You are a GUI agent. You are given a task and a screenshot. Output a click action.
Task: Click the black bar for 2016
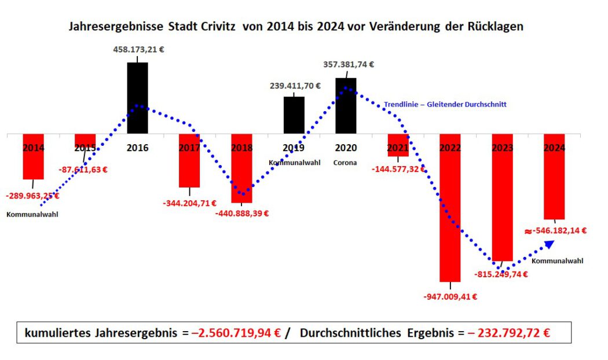[137, 98]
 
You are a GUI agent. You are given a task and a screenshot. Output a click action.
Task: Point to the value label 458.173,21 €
[138, 50]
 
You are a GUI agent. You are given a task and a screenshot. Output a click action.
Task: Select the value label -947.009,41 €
[450, 297]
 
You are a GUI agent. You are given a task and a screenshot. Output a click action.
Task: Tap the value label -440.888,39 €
[242, 213]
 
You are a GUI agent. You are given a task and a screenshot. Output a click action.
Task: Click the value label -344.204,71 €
[189, 203]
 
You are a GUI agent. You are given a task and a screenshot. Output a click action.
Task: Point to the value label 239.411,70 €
[295, 86]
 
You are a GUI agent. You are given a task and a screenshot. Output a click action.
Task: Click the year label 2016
[137, 148]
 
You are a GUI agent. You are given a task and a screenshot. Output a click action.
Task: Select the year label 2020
[346, 148]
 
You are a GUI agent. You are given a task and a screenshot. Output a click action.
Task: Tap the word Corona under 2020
[345, 163]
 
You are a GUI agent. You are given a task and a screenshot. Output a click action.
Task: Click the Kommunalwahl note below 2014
[32, 214]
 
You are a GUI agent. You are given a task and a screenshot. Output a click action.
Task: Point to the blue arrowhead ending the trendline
[550, 245]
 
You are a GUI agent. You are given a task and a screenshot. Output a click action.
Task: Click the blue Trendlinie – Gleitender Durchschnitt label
[445, 105]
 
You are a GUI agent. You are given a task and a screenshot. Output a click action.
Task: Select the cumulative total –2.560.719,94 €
[236, 333]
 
